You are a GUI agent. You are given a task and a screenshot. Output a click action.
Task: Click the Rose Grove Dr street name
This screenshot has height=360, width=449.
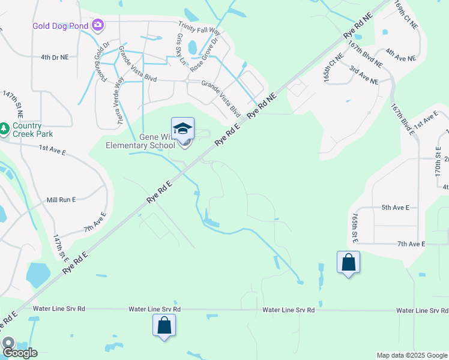tap(206, 55)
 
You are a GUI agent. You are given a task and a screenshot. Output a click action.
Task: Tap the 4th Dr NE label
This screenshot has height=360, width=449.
tap(55, 57)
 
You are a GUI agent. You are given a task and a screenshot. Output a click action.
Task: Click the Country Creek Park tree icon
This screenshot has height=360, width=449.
tap(4, 128)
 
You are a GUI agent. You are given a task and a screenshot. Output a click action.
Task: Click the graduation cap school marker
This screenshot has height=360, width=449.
tap(183, 128)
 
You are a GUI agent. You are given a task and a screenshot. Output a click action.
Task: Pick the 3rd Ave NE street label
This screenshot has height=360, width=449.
tap(364, 76)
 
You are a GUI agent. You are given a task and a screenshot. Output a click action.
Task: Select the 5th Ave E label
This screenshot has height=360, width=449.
tap(395, 208)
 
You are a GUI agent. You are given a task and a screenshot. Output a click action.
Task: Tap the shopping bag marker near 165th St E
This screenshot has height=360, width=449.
tap(348, 262)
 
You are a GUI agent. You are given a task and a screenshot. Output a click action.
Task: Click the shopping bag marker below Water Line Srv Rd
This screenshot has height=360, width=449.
tap(164, 326)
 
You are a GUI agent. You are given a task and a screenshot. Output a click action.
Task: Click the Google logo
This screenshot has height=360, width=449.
tap(19, 352)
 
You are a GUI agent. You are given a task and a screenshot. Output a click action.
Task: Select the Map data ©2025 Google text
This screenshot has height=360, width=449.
tap(412, 355)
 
